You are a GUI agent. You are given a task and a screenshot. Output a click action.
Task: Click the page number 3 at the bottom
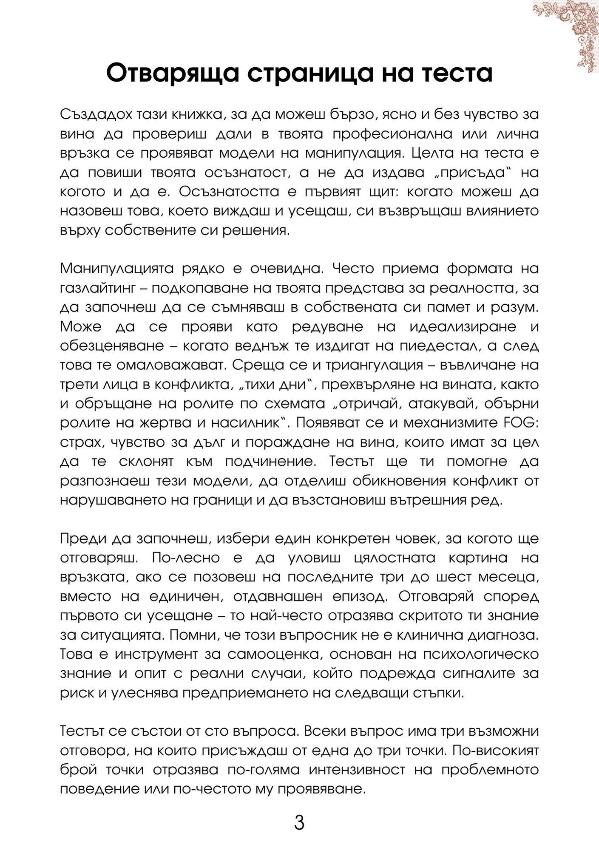299,823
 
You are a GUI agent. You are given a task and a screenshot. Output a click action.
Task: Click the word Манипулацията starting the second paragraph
117,269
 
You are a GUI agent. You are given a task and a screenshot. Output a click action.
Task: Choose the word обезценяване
111,346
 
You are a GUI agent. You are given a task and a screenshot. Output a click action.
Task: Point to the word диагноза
503,635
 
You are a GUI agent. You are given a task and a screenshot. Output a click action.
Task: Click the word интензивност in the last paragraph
357,770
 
